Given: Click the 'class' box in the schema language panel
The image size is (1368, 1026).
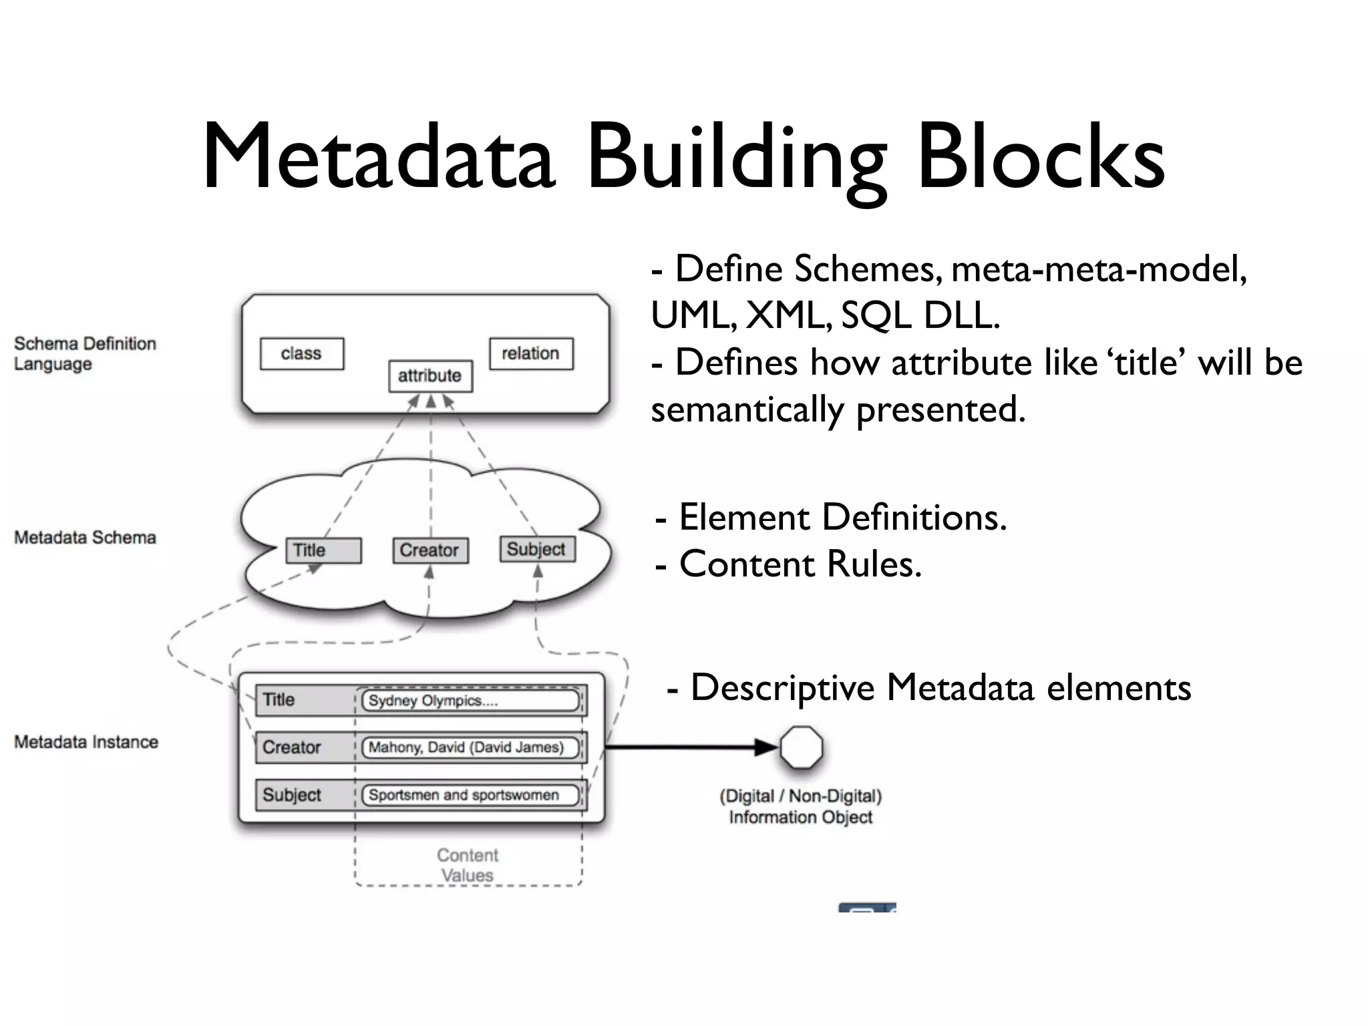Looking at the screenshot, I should point(302,353).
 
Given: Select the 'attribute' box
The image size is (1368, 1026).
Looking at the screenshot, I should point(430,375).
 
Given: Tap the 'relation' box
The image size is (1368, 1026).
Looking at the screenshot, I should point(531,353).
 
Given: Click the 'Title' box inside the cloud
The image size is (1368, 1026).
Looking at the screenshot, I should point(323,550).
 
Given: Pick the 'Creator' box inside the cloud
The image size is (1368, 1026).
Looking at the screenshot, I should point(430,550).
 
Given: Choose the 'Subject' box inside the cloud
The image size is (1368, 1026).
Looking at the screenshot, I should point(537,549).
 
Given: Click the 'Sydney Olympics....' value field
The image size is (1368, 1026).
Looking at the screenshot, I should point(470,701).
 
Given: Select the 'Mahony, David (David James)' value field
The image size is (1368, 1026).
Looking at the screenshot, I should point(470,747).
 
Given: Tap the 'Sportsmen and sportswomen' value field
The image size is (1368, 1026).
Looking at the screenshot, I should point(470,795).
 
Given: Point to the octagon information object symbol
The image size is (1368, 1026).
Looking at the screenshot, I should point(801,747).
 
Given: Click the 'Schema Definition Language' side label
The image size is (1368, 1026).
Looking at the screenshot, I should point(85,354).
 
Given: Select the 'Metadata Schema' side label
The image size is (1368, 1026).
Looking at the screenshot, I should point(85,538).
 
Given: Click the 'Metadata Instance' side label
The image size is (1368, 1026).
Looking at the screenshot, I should point(86,742).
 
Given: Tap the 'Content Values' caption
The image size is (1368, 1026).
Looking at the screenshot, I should point(468,865).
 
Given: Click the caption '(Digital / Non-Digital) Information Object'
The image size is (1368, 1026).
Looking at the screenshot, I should point(800,806).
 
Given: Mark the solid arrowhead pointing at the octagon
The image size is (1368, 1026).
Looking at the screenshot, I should point(766,747).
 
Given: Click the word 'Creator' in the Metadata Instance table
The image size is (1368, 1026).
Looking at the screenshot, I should point(291,747).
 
